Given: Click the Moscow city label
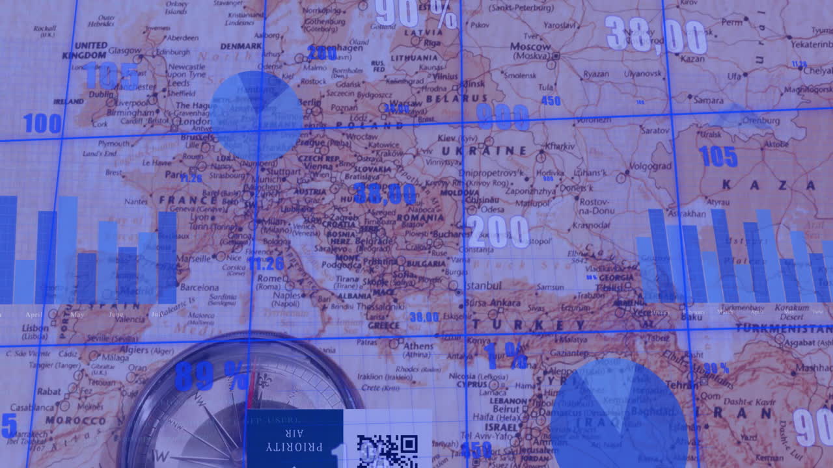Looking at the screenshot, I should point(530,47).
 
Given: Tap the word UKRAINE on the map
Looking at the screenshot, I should point(484,151).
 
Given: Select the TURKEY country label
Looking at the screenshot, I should point(528,324).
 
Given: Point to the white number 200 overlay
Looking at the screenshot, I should point(498,232).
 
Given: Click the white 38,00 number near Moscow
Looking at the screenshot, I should point(655,35).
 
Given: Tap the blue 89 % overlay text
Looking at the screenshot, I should point(212,376).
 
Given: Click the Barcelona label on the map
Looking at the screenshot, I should point(199,287).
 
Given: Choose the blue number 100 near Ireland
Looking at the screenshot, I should point(42,123).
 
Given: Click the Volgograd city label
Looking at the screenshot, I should point(651,166).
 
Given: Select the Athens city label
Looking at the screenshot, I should point(418,346).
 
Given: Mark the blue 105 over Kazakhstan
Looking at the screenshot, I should point(718,157).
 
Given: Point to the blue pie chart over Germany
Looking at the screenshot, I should point(257,116).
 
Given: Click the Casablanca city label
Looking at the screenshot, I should point(33,408).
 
